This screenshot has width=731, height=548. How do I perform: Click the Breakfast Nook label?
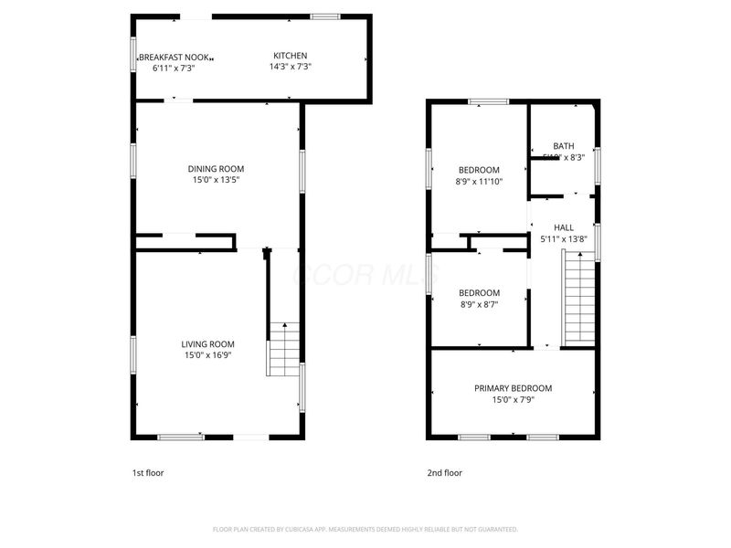pos(175,57)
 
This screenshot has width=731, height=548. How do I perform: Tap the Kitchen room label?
pos(291,56)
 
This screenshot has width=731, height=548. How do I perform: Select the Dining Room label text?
pos(216,169)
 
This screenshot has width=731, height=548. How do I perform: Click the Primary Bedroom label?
pos(513,388)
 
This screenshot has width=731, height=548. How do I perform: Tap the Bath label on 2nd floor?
pos(563,146)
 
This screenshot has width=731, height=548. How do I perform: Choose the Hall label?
pos(564,227)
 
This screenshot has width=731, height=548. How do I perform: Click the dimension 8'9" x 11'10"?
pos(480,181)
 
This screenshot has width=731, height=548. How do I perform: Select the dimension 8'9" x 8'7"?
pos(479,304)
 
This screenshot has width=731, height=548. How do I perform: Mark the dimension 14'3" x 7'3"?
pos(291,67)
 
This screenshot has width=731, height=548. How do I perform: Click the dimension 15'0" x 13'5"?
pos(216,180)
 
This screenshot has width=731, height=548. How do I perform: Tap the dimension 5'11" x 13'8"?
pos(563,239)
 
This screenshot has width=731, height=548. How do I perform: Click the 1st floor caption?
pos(148,473)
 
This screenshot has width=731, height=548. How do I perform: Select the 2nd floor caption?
pos(445,473)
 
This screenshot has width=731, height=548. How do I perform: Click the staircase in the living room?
pos(283,349)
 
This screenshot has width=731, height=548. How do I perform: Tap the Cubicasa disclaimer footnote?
pos(365,529)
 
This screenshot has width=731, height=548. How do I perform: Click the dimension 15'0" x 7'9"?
pos(513,399)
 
